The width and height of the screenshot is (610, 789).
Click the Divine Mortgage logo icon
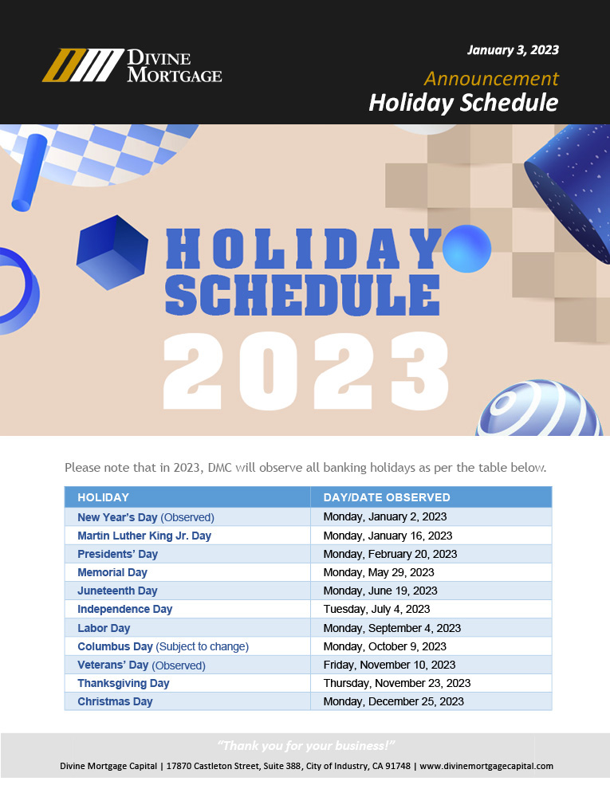83,65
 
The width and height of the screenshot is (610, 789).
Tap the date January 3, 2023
513,50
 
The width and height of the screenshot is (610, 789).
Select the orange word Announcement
491,78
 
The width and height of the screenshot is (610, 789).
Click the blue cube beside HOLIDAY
112,252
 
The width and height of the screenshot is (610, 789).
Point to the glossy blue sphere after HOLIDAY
467,249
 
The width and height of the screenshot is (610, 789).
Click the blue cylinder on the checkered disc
30,173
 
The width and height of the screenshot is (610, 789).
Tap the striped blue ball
539,409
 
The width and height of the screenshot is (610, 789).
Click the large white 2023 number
306,371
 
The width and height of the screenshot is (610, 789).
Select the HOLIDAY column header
103,497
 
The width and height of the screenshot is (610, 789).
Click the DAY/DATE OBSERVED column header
387,497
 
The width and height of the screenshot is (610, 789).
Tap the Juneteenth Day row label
117,591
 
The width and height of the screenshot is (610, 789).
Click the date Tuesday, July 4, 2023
376,610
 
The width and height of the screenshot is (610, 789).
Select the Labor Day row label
104,628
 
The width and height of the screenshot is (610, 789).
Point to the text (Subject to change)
203,646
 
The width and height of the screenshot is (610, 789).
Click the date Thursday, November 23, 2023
396,683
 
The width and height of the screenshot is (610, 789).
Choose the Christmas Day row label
115,701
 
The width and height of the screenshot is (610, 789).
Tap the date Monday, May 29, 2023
379,573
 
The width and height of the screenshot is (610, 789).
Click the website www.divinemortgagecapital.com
486,766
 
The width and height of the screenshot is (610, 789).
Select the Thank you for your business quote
306,745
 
